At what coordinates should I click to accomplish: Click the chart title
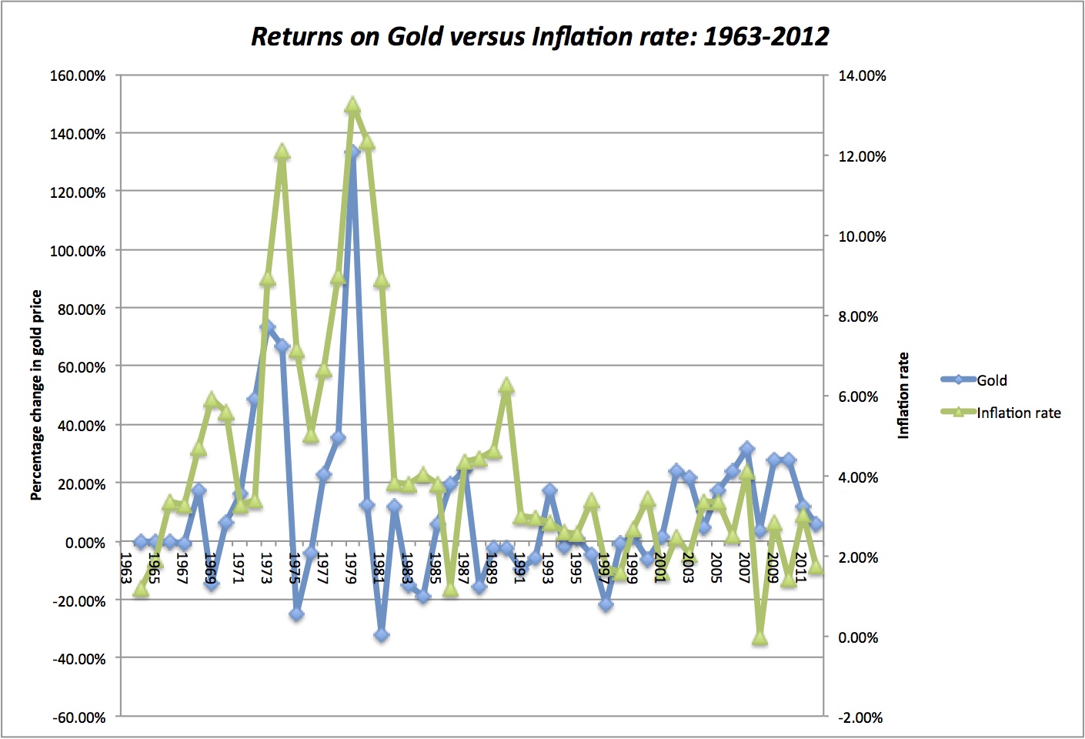click(540, 36)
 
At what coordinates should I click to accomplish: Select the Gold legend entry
click(991, 380)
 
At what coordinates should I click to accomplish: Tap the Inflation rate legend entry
click(1018, 413)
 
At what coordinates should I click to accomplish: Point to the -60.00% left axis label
click(78, 717)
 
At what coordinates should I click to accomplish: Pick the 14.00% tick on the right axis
click(862, 75)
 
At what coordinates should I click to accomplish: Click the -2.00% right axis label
click(861, 717)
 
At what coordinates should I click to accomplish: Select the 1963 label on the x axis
click(126, 567)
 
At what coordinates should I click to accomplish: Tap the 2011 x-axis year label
click(801, 567)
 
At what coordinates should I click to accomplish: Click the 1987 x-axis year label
click(463, 567)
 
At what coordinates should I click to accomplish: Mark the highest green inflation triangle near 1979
click(352, 105)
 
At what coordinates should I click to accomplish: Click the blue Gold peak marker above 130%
click(352, 152)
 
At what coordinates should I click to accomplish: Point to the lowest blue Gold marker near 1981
click(381, 635)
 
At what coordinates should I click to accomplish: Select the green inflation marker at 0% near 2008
click(760, 637)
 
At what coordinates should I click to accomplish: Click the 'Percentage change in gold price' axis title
click(36, 395)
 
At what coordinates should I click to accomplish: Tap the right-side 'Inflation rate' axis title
click(903, 395)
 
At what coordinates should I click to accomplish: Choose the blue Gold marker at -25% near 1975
click(296, 614)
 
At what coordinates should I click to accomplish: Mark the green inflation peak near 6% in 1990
click(506, 386)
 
